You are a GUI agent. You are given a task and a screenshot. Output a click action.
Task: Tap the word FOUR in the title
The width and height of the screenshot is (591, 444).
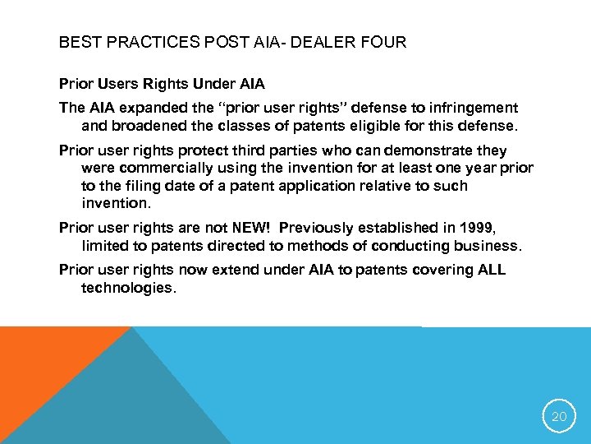[x=383, y=42]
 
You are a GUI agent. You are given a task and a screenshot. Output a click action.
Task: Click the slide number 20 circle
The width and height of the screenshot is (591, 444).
[x=559, y=417]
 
